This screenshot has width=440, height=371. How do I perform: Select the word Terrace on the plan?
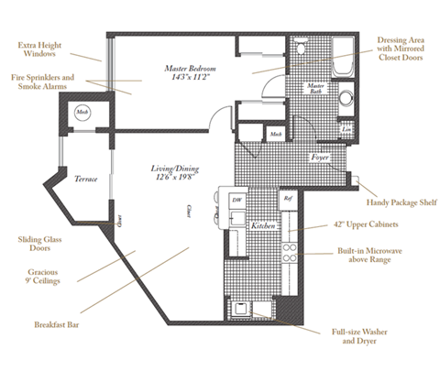[86, 180]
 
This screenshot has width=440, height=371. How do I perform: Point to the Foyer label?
[319, 158]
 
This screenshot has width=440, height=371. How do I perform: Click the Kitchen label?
[265, 224]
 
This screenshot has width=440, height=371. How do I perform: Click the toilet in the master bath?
[346, 99]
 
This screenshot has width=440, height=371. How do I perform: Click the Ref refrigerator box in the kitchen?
[287, 199]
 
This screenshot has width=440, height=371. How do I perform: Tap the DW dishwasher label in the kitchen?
[236, 199]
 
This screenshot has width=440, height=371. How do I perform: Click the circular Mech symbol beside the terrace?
[82, 113]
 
